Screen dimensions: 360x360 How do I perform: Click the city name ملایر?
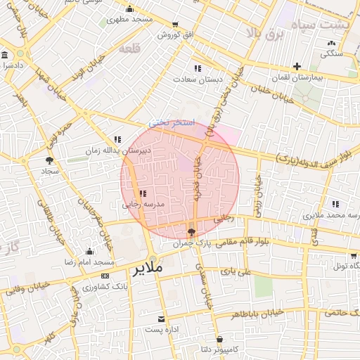(147, 268)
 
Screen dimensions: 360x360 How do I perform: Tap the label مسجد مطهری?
(129, 20)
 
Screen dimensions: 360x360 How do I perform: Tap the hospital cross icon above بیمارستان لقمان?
(297, 66)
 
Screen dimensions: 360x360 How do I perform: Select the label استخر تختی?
(168, 122)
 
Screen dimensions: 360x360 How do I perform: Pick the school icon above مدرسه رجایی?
(143, 193)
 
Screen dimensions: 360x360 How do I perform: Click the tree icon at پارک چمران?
(192, 232)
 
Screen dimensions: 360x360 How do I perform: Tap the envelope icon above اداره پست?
(162, 319)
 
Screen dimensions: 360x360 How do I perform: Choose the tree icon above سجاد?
(49, 160)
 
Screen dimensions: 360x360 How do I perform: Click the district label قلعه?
(129, 49)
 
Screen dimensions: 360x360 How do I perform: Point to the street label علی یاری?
(236, 270)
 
